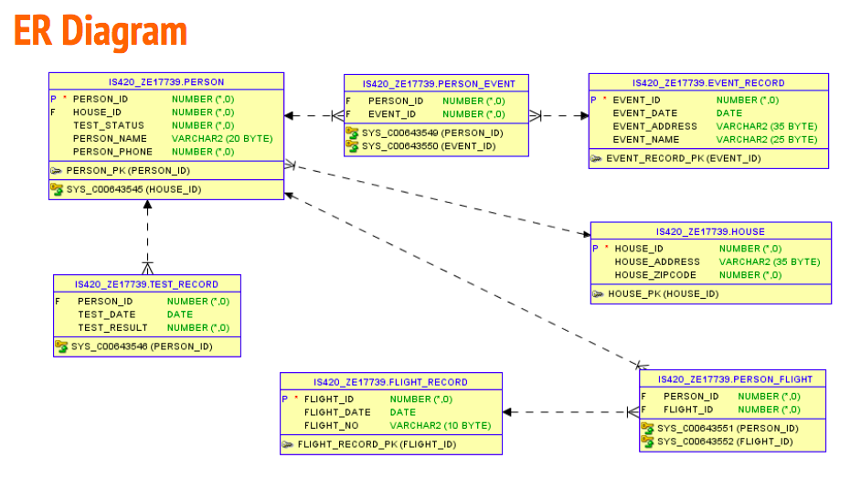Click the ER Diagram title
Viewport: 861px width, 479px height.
click(101, 31)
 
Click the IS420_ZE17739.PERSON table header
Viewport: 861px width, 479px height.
click(165, 82)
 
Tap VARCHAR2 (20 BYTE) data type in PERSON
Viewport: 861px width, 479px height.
click(222, 138)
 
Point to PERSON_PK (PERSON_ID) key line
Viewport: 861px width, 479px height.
click(128, 170)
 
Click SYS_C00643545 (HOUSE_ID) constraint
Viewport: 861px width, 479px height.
click(133, 189)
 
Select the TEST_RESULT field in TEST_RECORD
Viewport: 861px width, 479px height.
click(112, 327)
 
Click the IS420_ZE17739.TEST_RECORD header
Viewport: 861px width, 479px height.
click(146, 284)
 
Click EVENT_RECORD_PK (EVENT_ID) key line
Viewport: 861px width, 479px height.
click(683, 158)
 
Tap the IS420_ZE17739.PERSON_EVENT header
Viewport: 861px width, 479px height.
click(438, 83)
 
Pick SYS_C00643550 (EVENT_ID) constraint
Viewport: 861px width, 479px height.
click(423, 145)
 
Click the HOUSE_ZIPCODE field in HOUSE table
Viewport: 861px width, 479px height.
click(654, 274)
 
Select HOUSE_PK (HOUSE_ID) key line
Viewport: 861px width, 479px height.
click(663, 293)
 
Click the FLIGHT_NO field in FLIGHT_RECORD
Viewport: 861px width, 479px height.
click(331, 425)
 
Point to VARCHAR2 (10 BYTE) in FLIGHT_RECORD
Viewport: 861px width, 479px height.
click(441, 425)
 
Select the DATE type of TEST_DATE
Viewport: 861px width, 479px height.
click(180, 314)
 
